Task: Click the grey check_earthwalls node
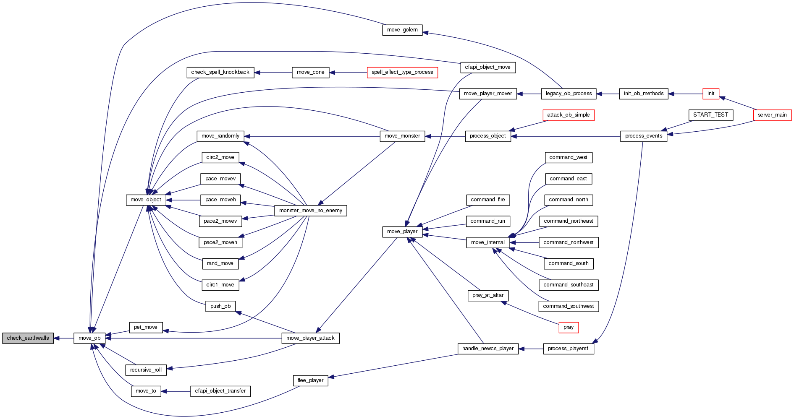(x=28, y=338)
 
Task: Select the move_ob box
(x=89, y=338)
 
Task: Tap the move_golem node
(x=402, y=30)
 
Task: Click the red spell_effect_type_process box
(x=402, y=72)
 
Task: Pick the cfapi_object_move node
(x=487, y=67)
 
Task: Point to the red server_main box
(x=772, y=115)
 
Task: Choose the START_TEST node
(x=710, y=115)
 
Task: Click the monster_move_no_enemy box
(x=311, y=211)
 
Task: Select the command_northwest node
(x=569, y=242)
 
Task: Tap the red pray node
(x=569, y=327)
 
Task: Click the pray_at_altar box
(x=487, y=295)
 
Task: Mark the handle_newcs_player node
(x=488, y=349)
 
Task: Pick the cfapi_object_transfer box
(x=220, y=391)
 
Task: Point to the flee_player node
(x=310, y=380)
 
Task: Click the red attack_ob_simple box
(x=569, y=115)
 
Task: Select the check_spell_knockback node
(x=220, y=72)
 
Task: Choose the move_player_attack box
(x=310, y=338)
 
